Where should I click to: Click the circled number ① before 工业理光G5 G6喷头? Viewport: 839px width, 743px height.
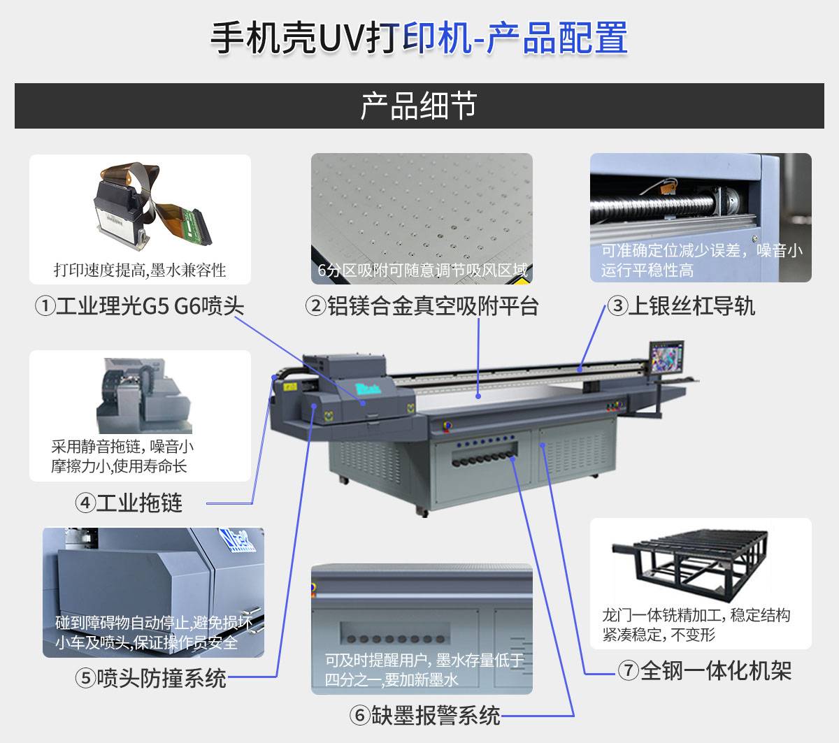45,306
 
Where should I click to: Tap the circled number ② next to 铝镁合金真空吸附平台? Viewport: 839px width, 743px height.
316,306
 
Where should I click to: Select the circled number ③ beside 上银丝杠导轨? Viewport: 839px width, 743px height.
617,306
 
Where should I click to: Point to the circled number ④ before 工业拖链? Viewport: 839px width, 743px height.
85,503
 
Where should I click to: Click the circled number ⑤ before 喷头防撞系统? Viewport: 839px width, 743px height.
86,678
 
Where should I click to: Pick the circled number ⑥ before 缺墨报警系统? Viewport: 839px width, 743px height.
359,715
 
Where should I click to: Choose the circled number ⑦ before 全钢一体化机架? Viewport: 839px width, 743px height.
629,670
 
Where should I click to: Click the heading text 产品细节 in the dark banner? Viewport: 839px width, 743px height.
419,106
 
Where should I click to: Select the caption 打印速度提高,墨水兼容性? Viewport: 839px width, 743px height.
140,270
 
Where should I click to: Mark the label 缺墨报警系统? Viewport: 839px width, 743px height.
436,715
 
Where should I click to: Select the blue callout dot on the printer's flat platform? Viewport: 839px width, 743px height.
478,396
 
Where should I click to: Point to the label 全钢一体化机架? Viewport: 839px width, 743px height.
716,670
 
